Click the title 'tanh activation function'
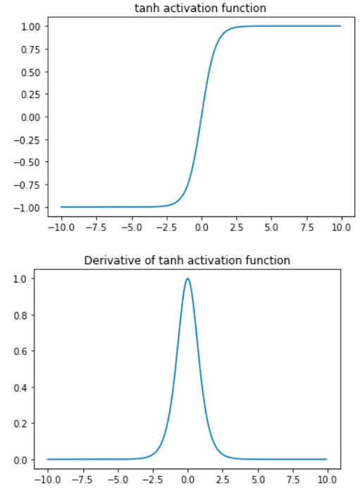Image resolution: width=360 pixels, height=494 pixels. [x=201, y=8]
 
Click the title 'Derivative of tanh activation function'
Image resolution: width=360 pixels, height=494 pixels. [x=187, y=260]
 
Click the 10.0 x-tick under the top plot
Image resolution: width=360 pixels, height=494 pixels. [x=341, y=228]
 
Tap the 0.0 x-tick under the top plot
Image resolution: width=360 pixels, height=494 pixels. [x=201, y=228]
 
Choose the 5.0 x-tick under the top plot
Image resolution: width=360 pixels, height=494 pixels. [x=271, y=228]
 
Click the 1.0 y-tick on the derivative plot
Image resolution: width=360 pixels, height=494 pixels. [x=25, y=278]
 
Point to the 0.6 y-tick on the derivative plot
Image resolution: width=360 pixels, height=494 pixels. [x=25, y=351]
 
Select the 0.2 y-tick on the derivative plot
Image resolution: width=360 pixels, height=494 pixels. [x=25, y=424]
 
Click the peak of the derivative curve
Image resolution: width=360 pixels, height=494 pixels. [x=187, y=278]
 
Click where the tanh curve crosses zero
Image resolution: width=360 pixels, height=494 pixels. [x=201, y=117]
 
